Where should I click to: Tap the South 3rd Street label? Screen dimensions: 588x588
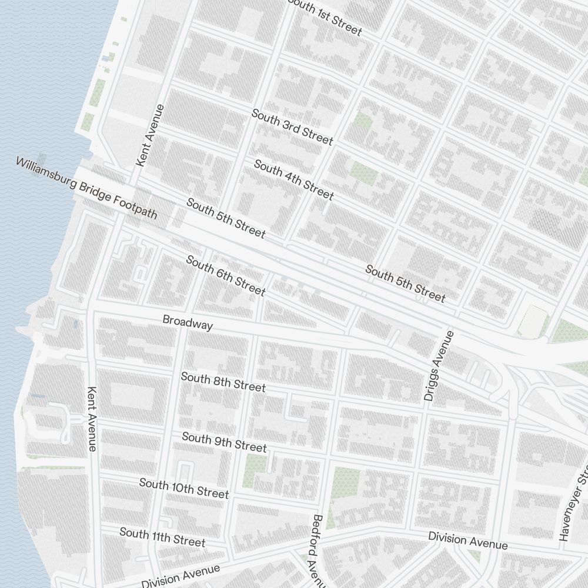pos(292,127)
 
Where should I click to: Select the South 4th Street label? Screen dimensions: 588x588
pos(294,179)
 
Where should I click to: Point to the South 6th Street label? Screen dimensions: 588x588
pos(226,275)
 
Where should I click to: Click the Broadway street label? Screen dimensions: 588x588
pos(188,322)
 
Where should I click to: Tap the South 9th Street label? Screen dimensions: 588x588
pos(224,442)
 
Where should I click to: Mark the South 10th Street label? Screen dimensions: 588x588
pos(183,487)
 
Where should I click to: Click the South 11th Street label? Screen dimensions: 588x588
pos(162,537)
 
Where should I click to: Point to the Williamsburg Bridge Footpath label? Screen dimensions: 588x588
pos(86,188)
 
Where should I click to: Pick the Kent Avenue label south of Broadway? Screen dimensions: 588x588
pos(92,418)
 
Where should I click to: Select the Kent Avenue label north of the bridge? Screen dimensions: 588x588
pos(150,135)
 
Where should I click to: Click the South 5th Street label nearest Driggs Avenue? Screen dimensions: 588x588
pos(405,283)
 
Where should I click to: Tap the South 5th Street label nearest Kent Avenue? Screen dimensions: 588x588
pos(226,218)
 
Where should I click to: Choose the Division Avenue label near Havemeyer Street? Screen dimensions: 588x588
pos(467,540)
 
